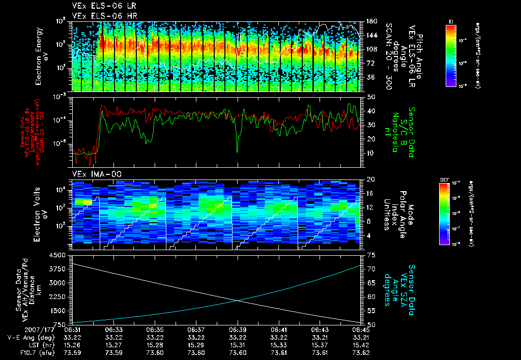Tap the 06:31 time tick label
point(73,329)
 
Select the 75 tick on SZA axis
point(371,255)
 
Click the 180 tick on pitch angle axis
point(371,21)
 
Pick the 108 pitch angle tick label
point(371,49)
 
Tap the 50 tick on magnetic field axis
point(371,96)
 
